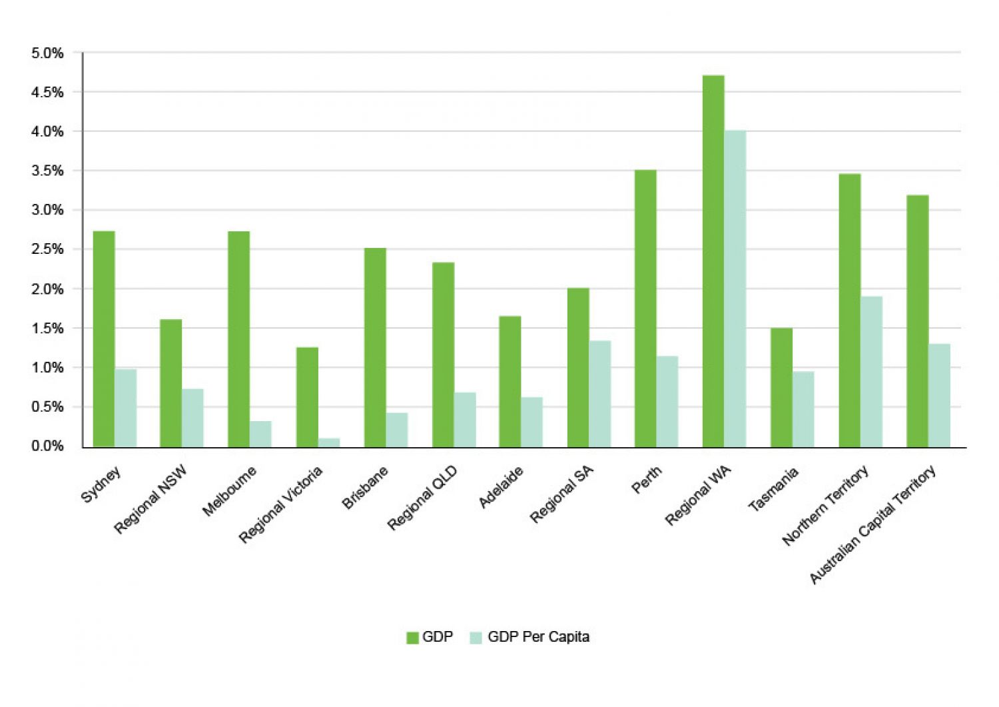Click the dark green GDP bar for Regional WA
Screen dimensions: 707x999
click(x=713, y=261)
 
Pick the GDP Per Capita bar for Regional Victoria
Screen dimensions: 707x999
click(x=329, y=442)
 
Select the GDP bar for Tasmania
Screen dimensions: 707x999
click(x=781, y=387)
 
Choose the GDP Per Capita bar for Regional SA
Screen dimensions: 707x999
click(x=599, y=394)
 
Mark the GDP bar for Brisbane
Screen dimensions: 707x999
click(x=375, y=347)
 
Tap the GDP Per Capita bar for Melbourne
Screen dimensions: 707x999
click(x=260, y=434)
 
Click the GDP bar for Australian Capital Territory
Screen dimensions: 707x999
click(x=917, y=321)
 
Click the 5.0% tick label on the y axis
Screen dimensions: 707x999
click(x=47, y=53)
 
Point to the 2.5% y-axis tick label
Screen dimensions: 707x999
click(x=47, y=250)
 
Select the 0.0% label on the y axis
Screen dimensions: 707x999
click(x=47, y=446)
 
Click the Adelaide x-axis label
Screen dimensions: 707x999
click(x=501, y=486)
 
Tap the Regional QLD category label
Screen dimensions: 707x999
click(x=422, y=498)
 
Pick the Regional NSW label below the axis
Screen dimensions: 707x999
click(x=151, y=500)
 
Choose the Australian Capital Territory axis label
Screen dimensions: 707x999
click(x=873, y=524)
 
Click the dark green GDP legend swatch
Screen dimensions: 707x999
click(x=412, y=638)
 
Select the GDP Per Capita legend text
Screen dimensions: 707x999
click(x=538, y=637)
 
